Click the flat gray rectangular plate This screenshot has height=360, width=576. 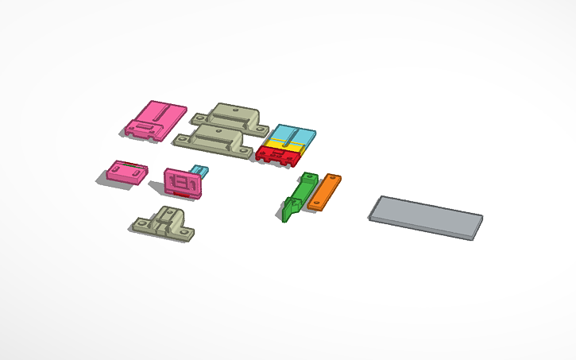[426, 215]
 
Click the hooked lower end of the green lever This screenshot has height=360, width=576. [287, 214]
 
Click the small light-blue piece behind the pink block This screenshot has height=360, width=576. [199, 171]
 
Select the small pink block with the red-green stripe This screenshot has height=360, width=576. [127, 172]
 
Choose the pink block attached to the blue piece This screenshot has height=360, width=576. [182, 182]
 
